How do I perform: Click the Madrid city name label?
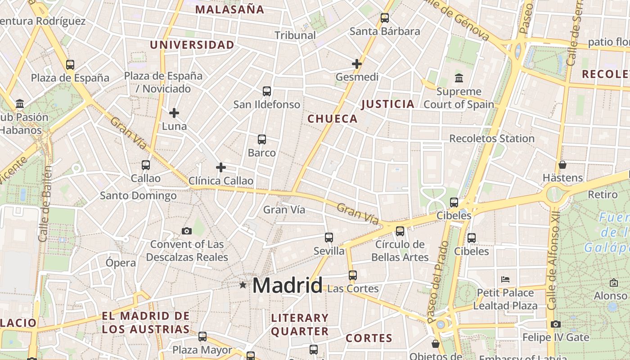click(287, 285)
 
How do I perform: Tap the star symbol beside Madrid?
click(243, 285)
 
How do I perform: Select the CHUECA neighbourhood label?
click(333, 119)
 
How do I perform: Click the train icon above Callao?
click(146, 165)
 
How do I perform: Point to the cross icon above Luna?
click(174, 113)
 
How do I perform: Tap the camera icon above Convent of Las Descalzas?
click(187, 231)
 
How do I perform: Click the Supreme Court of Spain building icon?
click(459, 78)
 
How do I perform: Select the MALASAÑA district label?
click(229, 9)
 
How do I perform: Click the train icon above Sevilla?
click(329, 238)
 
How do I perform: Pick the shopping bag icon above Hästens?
click(562, 164)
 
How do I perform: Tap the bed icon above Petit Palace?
click(505, 279)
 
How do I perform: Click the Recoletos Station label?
click(492, 139)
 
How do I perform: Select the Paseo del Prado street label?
click(438, 282)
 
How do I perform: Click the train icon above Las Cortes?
click(353, 275)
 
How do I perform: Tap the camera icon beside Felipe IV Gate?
click(556, 324)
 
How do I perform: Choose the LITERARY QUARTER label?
click(300, 324)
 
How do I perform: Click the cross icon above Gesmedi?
click(357, 64)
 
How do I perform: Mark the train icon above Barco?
click(262, 139)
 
